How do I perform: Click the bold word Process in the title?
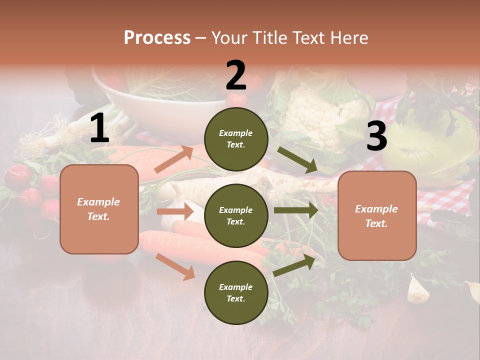(x=157, y=37)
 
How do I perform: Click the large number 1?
(x=99, y=128)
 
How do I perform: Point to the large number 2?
(x=236, y=75)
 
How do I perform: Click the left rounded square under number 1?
(x=99, y=209)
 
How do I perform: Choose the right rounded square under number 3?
(x=377, y=215)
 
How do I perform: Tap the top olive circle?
(x=236, y=138)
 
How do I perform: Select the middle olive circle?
(x=236, y=215)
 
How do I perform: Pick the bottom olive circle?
(x=236, y=292)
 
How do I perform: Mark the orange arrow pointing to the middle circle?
(x=175, y=211)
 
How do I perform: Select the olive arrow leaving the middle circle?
(x=295, y=210)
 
